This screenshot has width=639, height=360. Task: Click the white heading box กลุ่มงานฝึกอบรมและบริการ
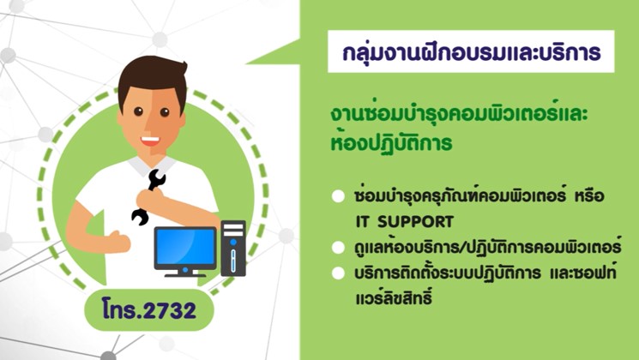click(x=471, y=51)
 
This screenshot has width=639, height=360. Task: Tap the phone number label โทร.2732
click(x=149, y=310)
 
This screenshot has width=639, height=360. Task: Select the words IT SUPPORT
click(x=404, y=222)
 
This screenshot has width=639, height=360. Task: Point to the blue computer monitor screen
click(x=185, y=246)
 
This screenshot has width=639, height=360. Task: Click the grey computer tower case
click(x=233, y=249)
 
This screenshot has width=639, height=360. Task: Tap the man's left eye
click(x=138, y=111)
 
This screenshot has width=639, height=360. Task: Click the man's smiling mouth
click(x=150, y=141)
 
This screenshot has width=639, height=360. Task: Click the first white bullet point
click(x=338, y=196)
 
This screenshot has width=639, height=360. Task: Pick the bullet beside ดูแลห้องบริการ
click(x=338, y=248)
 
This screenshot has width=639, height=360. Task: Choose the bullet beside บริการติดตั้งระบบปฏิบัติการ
click(x=338, y=273)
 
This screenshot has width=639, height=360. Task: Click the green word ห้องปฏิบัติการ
click(x=392, y=141)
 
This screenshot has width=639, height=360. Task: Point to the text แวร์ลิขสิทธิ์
click(x=393, y=297)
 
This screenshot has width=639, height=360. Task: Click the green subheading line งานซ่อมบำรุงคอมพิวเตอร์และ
click(x=459, y=114)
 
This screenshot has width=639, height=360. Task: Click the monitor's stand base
click(x=185, y=274)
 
